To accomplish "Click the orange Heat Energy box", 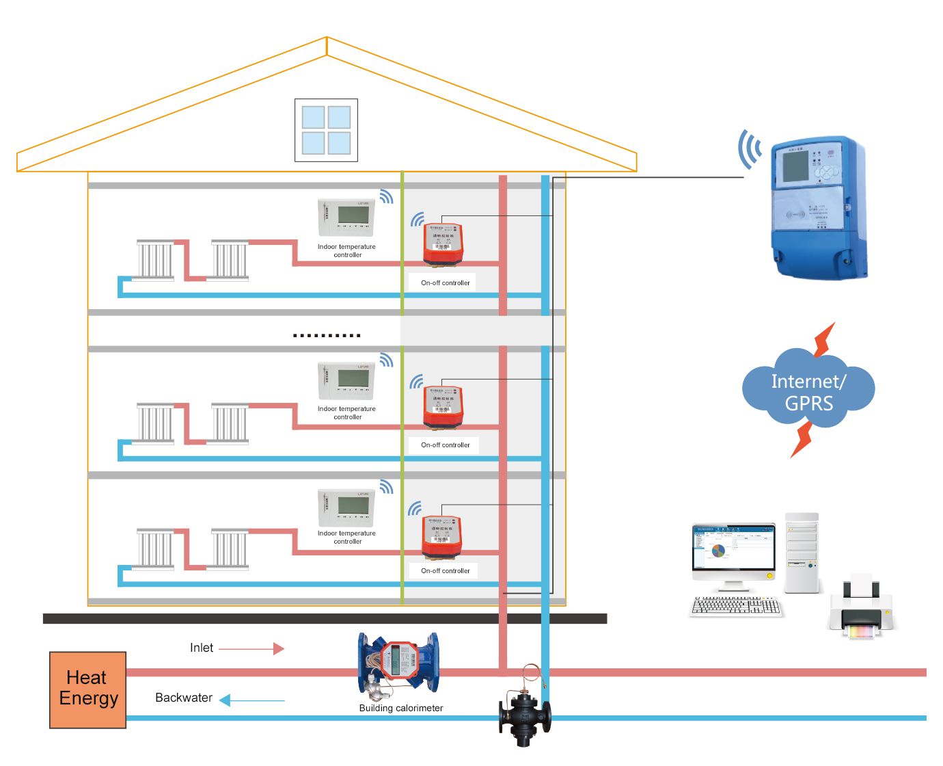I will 87,689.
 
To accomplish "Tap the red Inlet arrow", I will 251,648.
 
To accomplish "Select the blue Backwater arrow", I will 251,700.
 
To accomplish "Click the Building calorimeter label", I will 401,709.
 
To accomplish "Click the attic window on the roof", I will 326,130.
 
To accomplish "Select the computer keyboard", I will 735,606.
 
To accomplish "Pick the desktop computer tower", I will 802,553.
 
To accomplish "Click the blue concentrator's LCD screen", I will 795,166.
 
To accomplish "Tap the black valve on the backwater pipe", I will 524,715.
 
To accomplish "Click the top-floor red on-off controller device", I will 443,243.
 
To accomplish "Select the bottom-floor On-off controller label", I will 446,571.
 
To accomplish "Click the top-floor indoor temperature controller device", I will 346,217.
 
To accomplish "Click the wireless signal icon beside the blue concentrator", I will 749,149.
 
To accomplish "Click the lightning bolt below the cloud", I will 802,440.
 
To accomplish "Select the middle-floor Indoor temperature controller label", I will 346,413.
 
